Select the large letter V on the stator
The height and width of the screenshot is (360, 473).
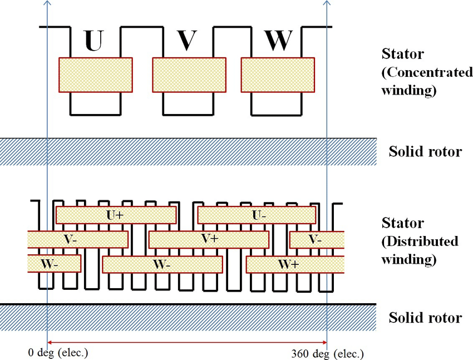(x=188, y=40)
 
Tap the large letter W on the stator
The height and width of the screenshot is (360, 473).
(x=277, y=40)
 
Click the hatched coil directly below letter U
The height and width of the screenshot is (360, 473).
(x=96, y=75)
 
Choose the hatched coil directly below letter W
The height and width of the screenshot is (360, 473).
(x=276, y=75)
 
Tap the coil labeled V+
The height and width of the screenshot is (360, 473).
(x=209, y=239)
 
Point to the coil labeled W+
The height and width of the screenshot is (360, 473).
(x=287, y=264)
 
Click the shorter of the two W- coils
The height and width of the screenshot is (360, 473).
(x=54, y=264)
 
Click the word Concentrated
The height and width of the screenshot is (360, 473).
(x=427, y=73)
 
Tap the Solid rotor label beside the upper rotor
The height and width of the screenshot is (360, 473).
(x=425, y=151)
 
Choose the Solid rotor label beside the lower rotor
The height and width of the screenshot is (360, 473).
(x=425, y=318)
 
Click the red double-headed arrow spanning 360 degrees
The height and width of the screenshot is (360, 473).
(x=187, y=342)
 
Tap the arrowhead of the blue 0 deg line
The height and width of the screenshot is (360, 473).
(x=47, y=3)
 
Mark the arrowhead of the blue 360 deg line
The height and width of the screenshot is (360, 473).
(x=326, y=3)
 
